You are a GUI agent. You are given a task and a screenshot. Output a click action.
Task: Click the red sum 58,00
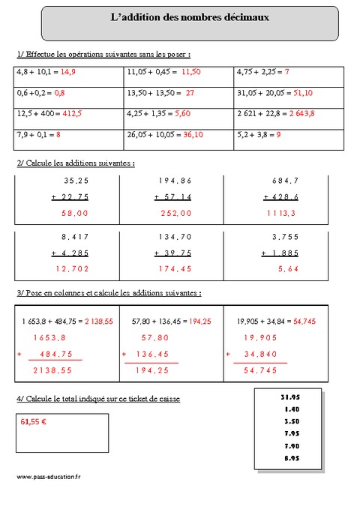click(x=76, y=213)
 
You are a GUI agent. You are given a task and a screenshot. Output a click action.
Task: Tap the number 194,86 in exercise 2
click(x=175, y=181)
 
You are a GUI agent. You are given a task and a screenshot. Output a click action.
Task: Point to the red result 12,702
click(x=73, y=268)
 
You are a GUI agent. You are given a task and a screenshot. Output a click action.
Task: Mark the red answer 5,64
click(x=287, y=268)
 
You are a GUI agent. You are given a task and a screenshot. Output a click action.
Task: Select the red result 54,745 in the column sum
click(x=260, y=370)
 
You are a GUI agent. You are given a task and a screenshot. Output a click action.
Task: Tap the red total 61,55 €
click(x=34, y=423)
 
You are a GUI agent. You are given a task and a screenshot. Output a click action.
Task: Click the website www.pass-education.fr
click(x=46, y=477)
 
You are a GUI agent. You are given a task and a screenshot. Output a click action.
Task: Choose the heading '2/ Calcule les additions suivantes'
click(x=75, y=163)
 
